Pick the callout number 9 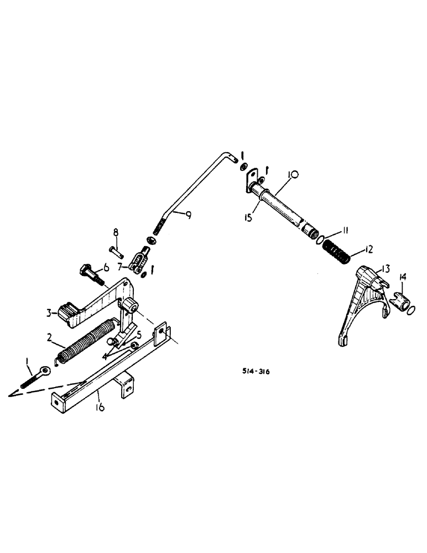(188, 215)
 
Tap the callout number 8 (116, 232)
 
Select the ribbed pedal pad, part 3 (65, 313)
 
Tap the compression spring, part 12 (336, 252)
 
